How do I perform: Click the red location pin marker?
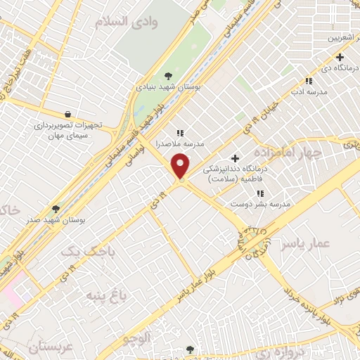click(x=181, y=166)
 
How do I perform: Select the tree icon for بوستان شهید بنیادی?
click(x=168, y=75)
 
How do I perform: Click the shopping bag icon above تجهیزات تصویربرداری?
click(x=67, y=113)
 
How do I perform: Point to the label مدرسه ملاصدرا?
click(x=180, y=142)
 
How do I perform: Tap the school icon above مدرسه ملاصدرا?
click(x=180, y=131)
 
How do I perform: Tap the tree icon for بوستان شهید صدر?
click(x=56, y=209)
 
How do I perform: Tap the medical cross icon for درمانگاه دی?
click(x=340, y=57)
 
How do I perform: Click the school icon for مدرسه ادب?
click(x=308, y=81)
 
